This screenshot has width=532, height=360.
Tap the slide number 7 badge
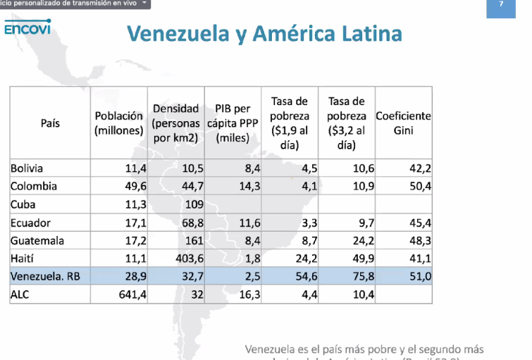pos(501,4)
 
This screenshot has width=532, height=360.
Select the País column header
pos(50,123)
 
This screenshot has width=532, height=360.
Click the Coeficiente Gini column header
pos(403,123)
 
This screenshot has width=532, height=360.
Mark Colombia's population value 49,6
pos(133,187)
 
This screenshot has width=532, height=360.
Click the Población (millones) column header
pos(119,123)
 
